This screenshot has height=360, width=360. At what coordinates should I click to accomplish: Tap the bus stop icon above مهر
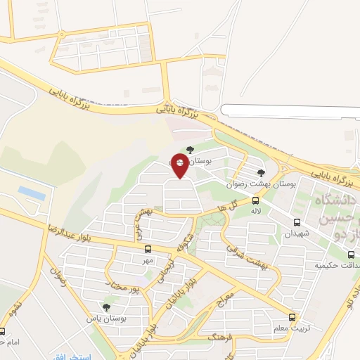148,249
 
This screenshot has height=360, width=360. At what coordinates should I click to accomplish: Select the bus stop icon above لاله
255,200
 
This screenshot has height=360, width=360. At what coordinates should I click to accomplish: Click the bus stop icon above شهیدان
296,223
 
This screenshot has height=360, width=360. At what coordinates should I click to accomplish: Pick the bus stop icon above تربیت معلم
292,317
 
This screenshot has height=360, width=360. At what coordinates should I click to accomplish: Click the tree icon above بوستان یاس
106,307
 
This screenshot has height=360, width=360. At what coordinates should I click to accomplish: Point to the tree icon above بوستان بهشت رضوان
261,172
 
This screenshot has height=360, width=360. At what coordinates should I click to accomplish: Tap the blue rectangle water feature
31,192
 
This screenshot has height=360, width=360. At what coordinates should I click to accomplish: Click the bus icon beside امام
2,332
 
